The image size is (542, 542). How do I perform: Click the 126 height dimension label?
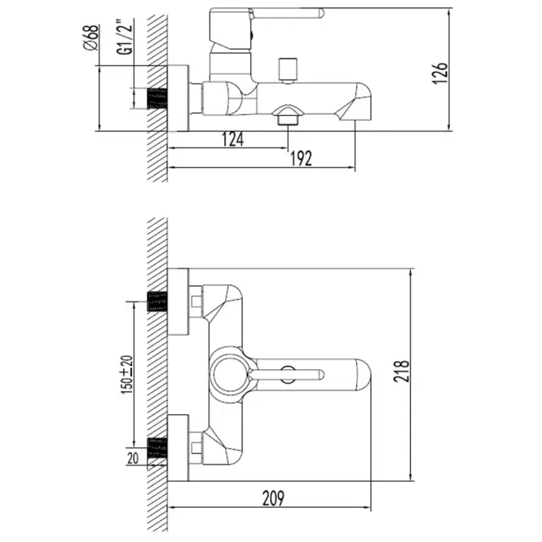click(x=439, y=73)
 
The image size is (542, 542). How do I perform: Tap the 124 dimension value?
click(x=232, y=139)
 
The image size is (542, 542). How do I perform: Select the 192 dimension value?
click(x=301, y=159)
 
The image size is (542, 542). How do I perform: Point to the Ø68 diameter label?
click(x=91, y=37)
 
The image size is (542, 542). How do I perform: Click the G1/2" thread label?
click(x=125, y=38)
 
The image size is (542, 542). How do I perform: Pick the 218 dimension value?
click(x=401, y=371)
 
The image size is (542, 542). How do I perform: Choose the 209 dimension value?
click(x=273, y=498)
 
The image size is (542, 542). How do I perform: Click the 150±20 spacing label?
click(x=126, y=374)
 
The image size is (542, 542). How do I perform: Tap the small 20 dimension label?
click(x=133, y=458)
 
